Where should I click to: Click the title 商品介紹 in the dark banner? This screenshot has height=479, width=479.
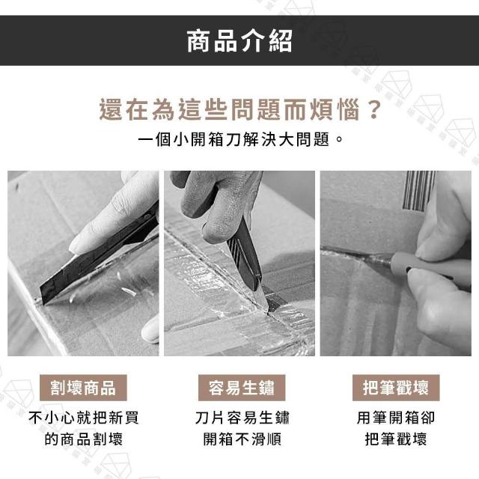[239, 41]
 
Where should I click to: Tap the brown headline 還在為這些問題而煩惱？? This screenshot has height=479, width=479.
[240, 109]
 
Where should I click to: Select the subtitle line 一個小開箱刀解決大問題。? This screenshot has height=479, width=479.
[240, 140]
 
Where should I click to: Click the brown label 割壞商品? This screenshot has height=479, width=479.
[83, 388]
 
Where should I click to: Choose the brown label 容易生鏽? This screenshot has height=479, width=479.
[242, 388]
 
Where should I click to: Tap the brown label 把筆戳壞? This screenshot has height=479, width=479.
[396, 388]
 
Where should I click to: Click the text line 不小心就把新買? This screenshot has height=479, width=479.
[83, 418]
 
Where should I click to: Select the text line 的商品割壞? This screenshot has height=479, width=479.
[83, 439]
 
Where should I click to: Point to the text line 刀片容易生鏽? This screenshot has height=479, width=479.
[242, 418]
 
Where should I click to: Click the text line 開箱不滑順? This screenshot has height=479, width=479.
[242, 439]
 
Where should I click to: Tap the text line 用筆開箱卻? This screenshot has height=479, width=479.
[396, 418]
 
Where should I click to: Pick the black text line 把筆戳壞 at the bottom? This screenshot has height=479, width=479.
[396, 439]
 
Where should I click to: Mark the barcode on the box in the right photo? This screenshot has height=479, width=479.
[418, 191]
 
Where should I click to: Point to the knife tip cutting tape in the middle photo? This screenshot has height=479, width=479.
[271, 308]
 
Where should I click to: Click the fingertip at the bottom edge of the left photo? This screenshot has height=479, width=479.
[150, 329]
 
